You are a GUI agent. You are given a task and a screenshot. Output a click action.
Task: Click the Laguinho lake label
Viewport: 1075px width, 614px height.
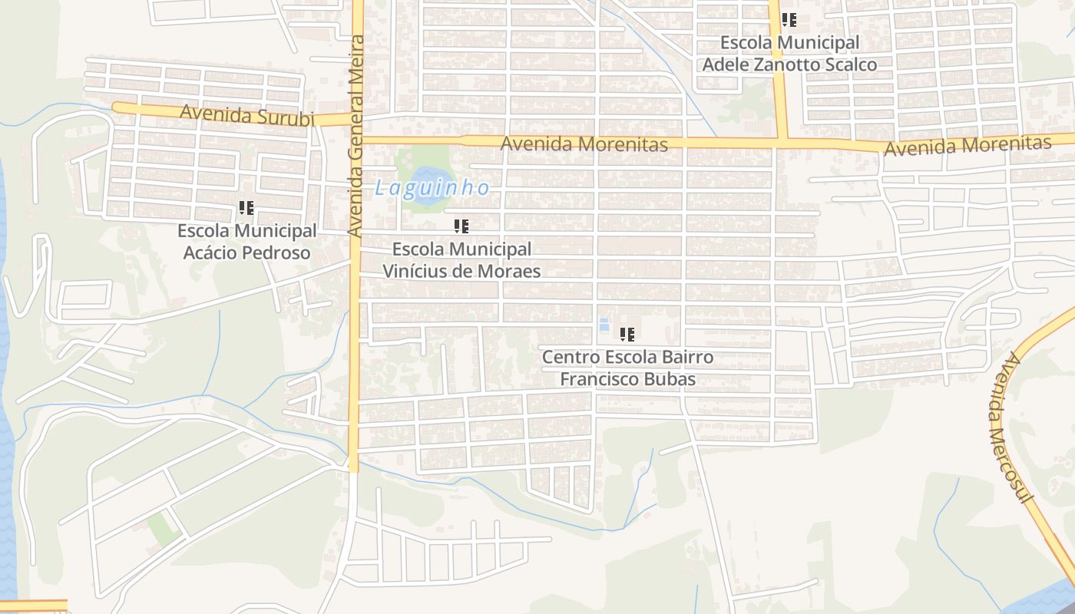(x=432, y=188)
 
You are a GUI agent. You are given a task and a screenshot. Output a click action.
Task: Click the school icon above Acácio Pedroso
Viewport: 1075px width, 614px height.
(x=246, y=208)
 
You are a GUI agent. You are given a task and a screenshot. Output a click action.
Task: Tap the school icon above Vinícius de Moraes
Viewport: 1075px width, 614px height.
(x=461, y=226)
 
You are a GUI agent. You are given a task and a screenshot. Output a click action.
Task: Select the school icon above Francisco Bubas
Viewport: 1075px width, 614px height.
(x=627, y=335)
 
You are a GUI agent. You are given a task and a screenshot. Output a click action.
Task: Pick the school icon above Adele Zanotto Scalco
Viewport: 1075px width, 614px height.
(x=789, y=21)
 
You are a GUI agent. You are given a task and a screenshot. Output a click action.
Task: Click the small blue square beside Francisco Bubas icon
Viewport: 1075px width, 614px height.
(x=604, y=325)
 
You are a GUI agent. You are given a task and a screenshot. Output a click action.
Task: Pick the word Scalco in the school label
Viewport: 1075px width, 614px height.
(x=850, y=64)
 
